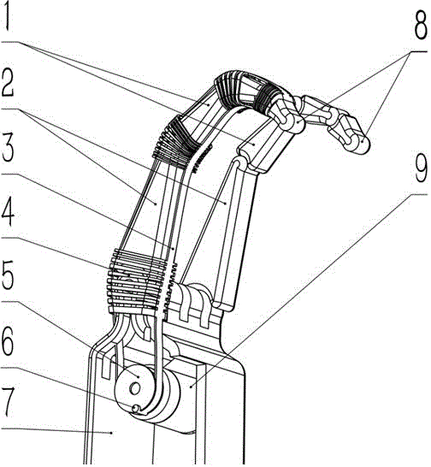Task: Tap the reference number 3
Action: click(x=8, y=148)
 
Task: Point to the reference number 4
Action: click(x=8, y=212)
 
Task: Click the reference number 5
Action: click(x=8, y=275)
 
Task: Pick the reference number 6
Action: click(x=8, y=340)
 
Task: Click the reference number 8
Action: click(x=422, y=25)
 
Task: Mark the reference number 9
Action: click(x=421, y=168)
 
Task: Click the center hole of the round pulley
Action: click(x=135, y=389)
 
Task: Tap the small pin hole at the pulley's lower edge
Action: click(x=135, y=409)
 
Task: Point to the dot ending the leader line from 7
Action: click(x=111, y=433)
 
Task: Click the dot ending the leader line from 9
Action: click(x=191, y=387)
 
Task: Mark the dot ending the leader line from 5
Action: click(x=139, y=376)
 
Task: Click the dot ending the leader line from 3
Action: click(x=174, y=247)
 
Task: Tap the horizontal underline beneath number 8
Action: click(x=419, y=51)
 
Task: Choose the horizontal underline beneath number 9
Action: click(x=418, y=194)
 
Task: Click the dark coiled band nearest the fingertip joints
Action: click(x=266, y=98)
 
